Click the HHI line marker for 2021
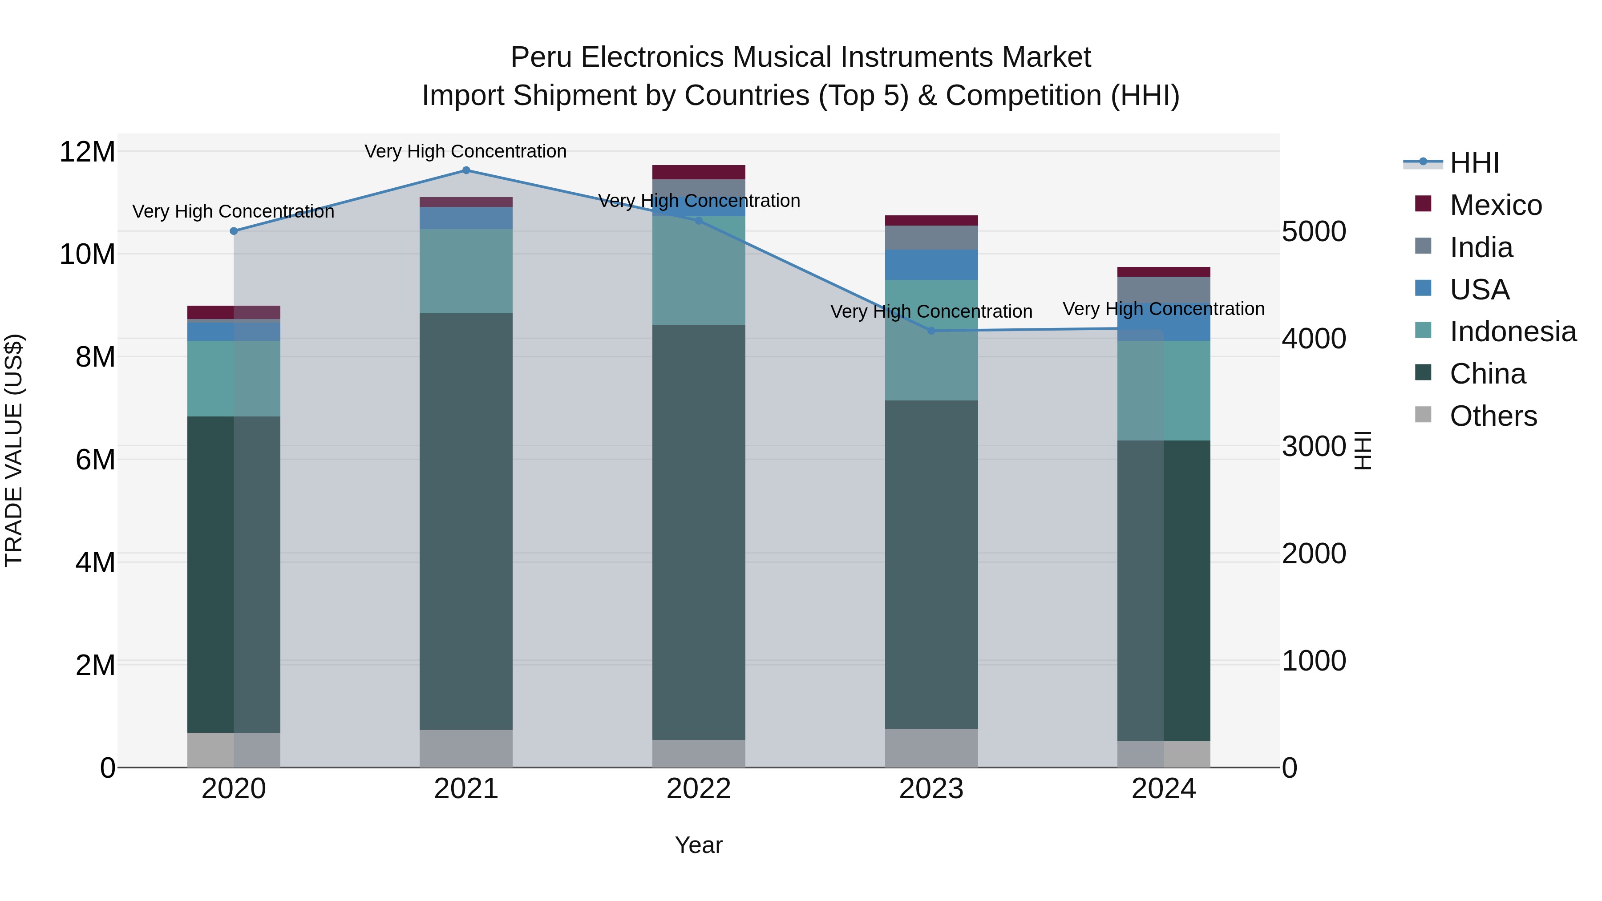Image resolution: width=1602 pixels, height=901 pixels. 466,170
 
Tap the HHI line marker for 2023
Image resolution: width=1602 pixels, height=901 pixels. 931,331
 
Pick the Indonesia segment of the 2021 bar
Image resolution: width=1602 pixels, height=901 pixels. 466,271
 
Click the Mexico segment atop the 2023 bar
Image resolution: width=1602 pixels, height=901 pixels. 931,221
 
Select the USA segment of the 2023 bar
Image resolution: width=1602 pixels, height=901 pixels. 931,265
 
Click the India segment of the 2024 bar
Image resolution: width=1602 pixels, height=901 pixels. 1164,290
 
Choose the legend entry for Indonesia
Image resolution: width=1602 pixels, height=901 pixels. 1513,331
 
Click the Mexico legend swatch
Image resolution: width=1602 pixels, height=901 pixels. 1423,204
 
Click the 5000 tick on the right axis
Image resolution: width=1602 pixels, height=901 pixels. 1314,231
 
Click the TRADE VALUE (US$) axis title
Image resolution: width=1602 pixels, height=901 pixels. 14,450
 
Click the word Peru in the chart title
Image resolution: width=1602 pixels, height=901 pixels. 539,57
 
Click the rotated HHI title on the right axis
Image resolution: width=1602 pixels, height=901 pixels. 1363,450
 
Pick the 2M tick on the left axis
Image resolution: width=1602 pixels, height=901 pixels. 94,665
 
